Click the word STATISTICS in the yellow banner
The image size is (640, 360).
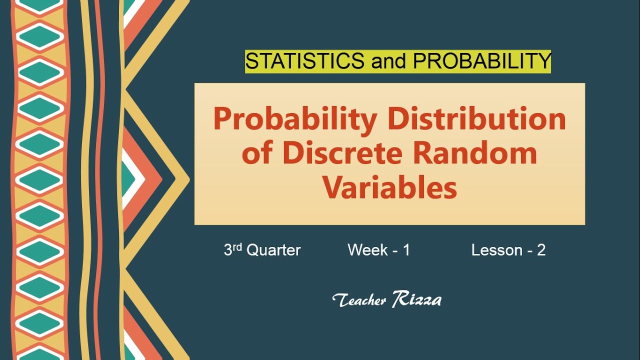(x=304, y=61)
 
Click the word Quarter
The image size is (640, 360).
(x=274, y=250)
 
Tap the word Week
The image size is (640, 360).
(x=368, y=250)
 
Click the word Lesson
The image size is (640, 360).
(x=496, y=250)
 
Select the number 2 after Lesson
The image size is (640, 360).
(x=541, y=250)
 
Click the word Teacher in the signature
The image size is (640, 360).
(x=359, y=300)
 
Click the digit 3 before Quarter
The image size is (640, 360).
(x=228, y=250)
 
